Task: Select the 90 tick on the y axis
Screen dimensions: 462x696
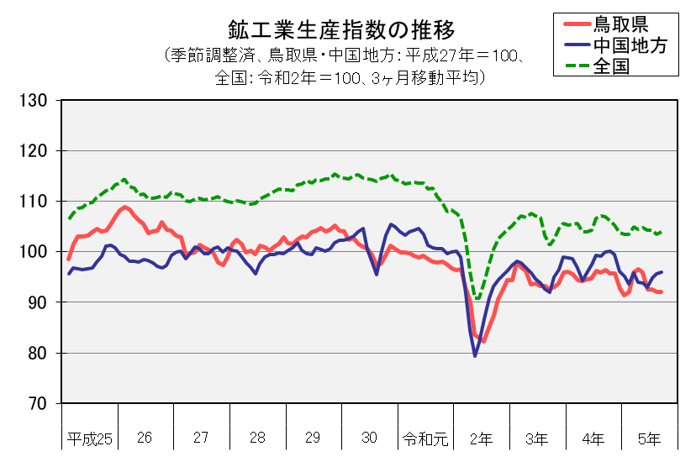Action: pyautogui.click(x=39, y=302)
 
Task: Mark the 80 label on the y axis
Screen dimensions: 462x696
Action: pyautogui.click(x=39, y=353)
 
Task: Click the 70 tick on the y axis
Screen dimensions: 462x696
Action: pyautogui.click(x=39, y=403)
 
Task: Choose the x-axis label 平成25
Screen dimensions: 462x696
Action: pyautogui.click(x=89, y=438)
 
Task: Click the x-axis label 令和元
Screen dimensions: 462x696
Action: pyautogui.click(x=425, y=438)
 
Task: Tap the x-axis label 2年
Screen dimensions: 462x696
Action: pyautogui.click(x=482, y=438)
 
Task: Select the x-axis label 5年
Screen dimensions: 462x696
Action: pyautogui.click(x=649, y=438)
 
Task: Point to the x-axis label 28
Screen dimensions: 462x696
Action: pyautogui.click(x=257, y=438)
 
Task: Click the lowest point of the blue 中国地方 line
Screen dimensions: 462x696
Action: pyautogui.click(x=475, y=356)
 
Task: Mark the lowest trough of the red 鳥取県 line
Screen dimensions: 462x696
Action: pyautogui.click(x=483, y=341)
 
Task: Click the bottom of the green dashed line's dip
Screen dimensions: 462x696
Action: pyautogui.click(x=477, y=298)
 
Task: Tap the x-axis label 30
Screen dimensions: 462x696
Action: pyautogui.click(x=369, y=438)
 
